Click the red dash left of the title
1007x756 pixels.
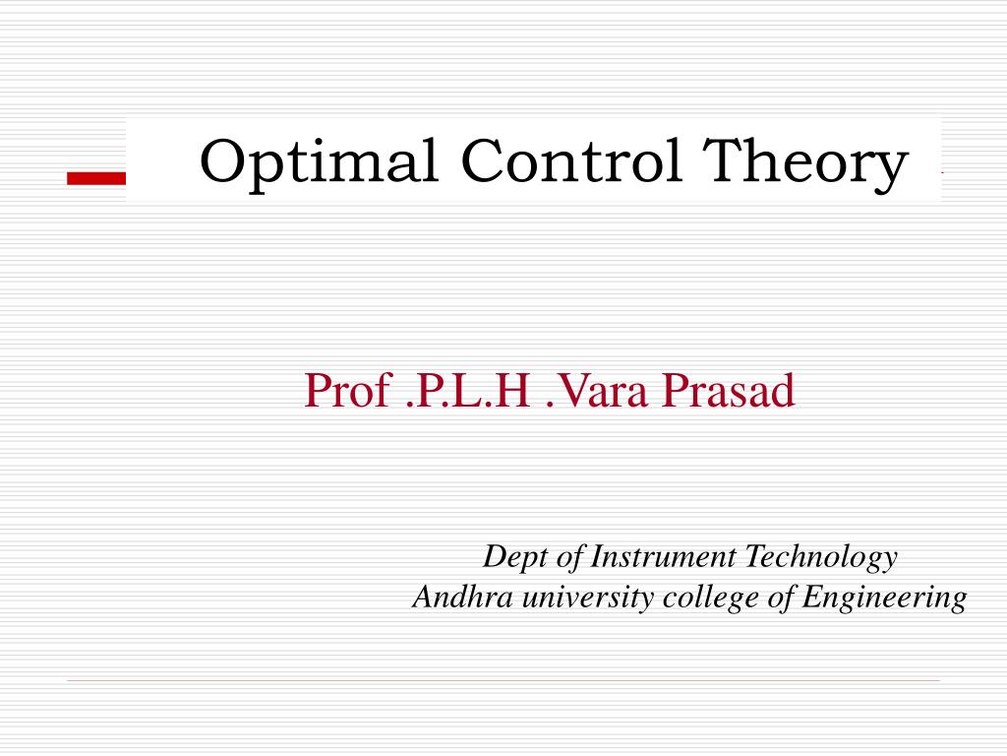point(96,177)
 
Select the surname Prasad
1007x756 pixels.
point(728,391)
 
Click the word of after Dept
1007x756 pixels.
point(570,557)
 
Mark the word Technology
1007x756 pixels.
point(820,558)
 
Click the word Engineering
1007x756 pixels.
point(884,598)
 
